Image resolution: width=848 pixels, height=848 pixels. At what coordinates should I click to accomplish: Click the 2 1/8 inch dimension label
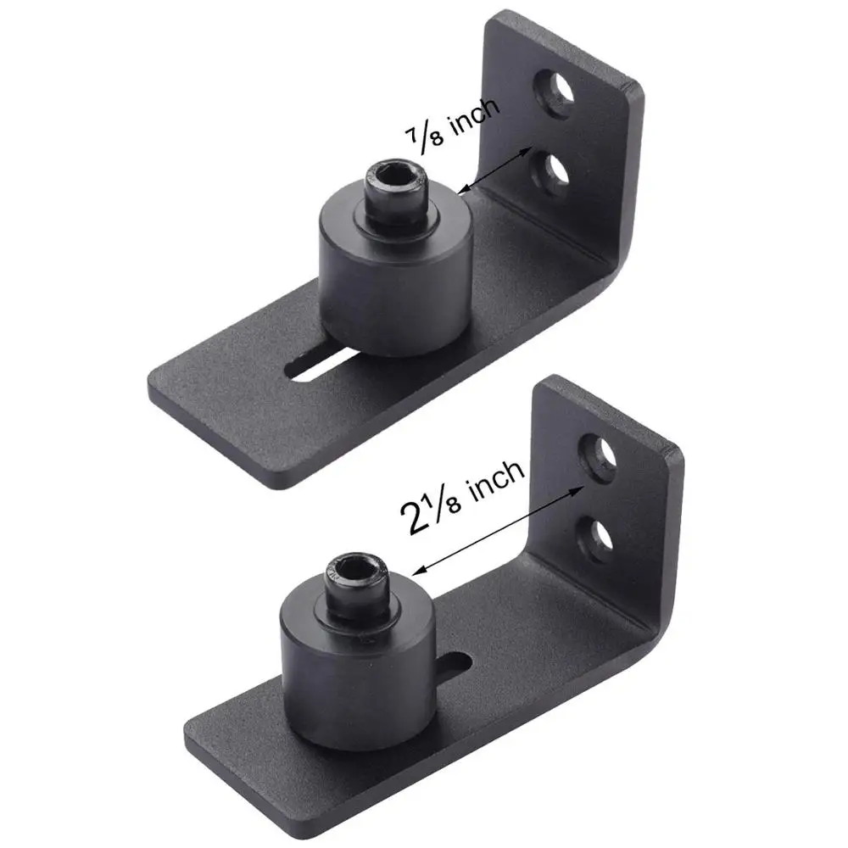click(463, 500)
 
